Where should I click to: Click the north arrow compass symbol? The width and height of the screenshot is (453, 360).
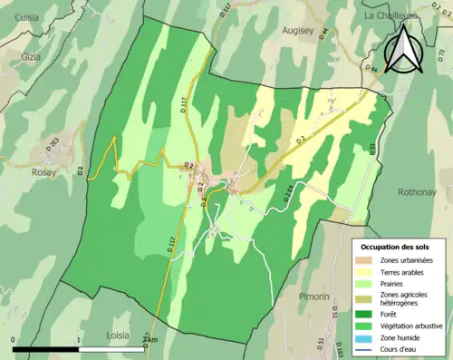tap(404, 49)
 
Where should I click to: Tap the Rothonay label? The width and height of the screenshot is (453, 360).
tap(417, 192)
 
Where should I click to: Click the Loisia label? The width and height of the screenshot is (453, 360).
tap(118, 335)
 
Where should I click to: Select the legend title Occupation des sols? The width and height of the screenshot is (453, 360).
tap(400, 246)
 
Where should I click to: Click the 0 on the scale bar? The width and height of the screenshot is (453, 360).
tap(14, 340)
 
